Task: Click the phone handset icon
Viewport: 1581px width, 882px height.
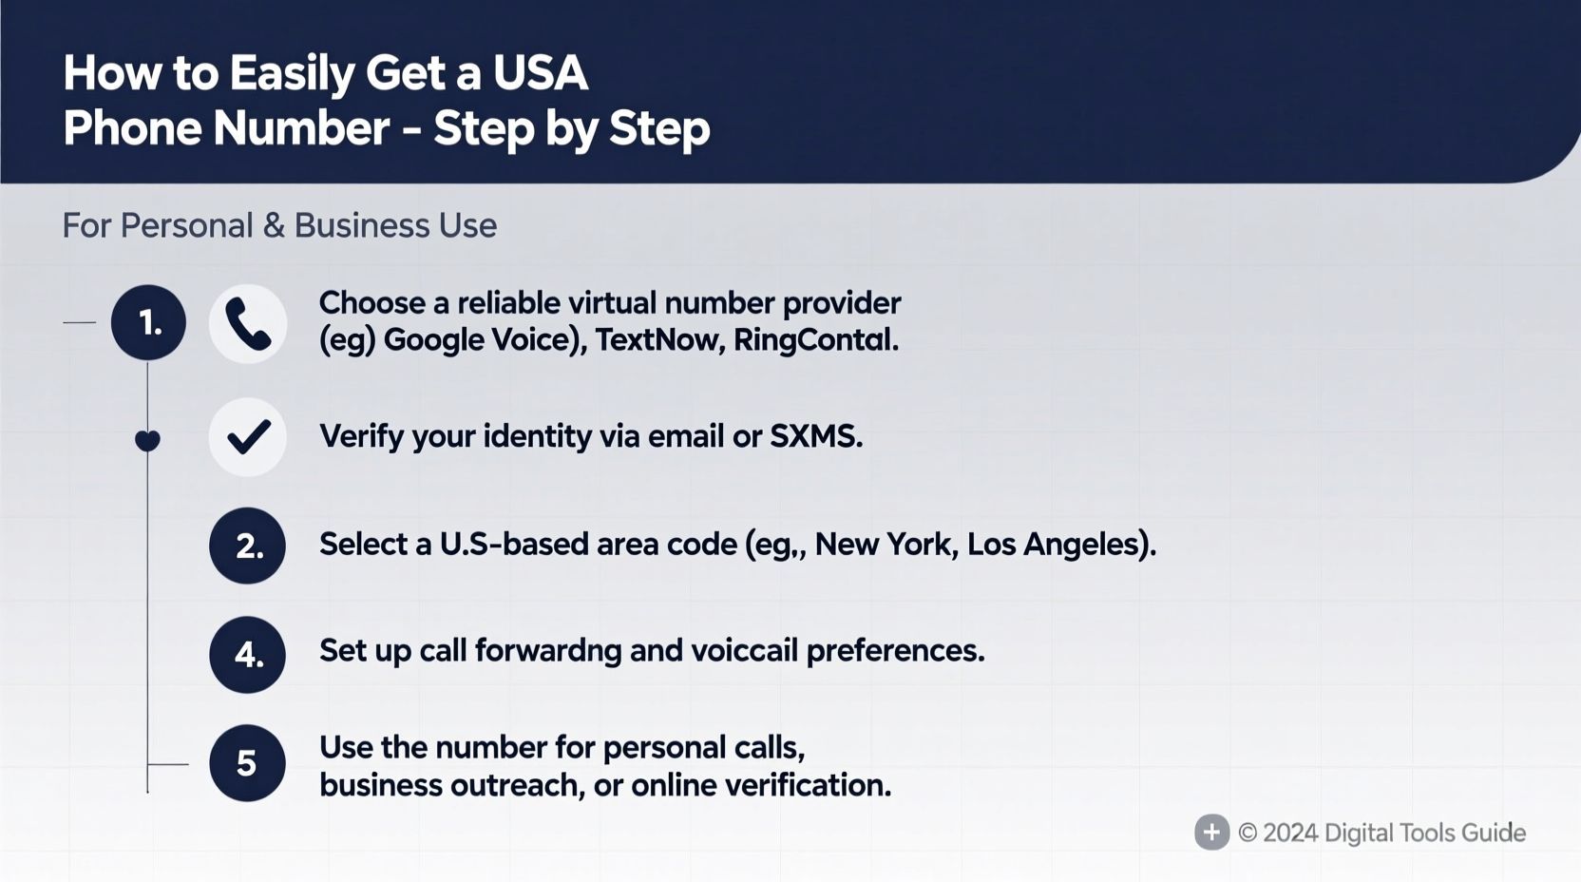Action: click(248, 324)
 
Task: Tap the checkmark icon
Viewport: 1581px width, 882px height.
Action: click(248, 437)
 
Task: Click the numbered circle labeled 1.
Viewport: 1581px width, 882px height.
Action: click(148, 323)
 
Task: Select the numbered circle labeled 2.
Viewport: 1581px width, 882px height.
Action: click(247, 546)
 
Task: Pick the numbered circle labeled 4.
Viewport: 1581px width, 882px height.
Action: click(247, 655)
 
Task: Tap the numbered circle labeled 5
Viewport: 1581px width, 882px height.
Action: click(247, 763)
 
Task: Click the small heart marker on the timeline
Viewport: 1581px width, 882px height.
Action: click(147, 440)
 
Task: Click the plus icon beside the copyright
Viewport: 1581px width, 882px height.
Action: click(1211, 833)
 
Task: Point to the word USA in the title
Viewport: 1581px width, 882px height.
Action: click(540, 73)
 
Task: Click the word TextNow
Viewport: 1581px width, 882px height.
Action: click(655, 340)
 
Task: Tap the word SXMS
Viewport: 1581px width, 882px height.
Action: click(814, 436)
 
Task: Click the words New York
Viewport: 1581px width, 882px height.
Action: click(883, 545)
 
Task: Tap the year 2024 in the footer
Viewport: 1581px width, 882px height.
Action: click(1290, 834)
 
